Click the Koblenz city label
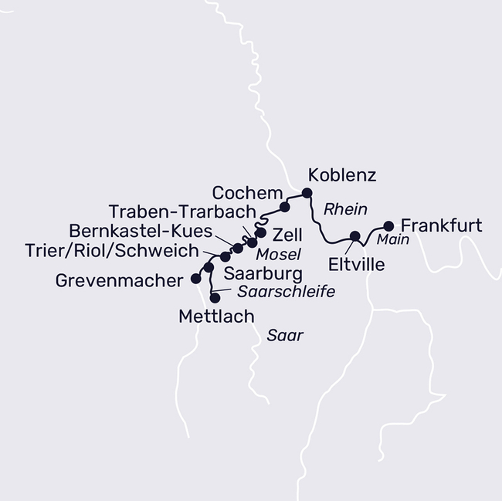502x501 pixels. tap(342, 175)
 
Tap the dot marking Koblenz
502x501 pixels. tap(307, 193)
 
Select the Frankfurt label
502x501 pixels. tap(442, 226)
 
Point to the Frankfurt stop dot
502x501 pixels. tap(388, 226)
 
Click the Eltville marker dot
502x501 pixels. tap(355, 236)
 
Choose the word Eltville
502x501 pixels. tap(355, 265)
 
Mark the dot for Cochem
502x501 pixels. tap(284, 207)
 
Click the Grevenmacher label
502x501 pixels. tap(118, 281)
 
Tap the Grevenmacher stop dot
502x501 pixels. tap(195, 279)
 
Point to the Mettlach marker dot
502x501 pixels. tap(215, 297)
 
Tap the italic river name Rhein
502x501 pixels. tap(344, 208)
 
